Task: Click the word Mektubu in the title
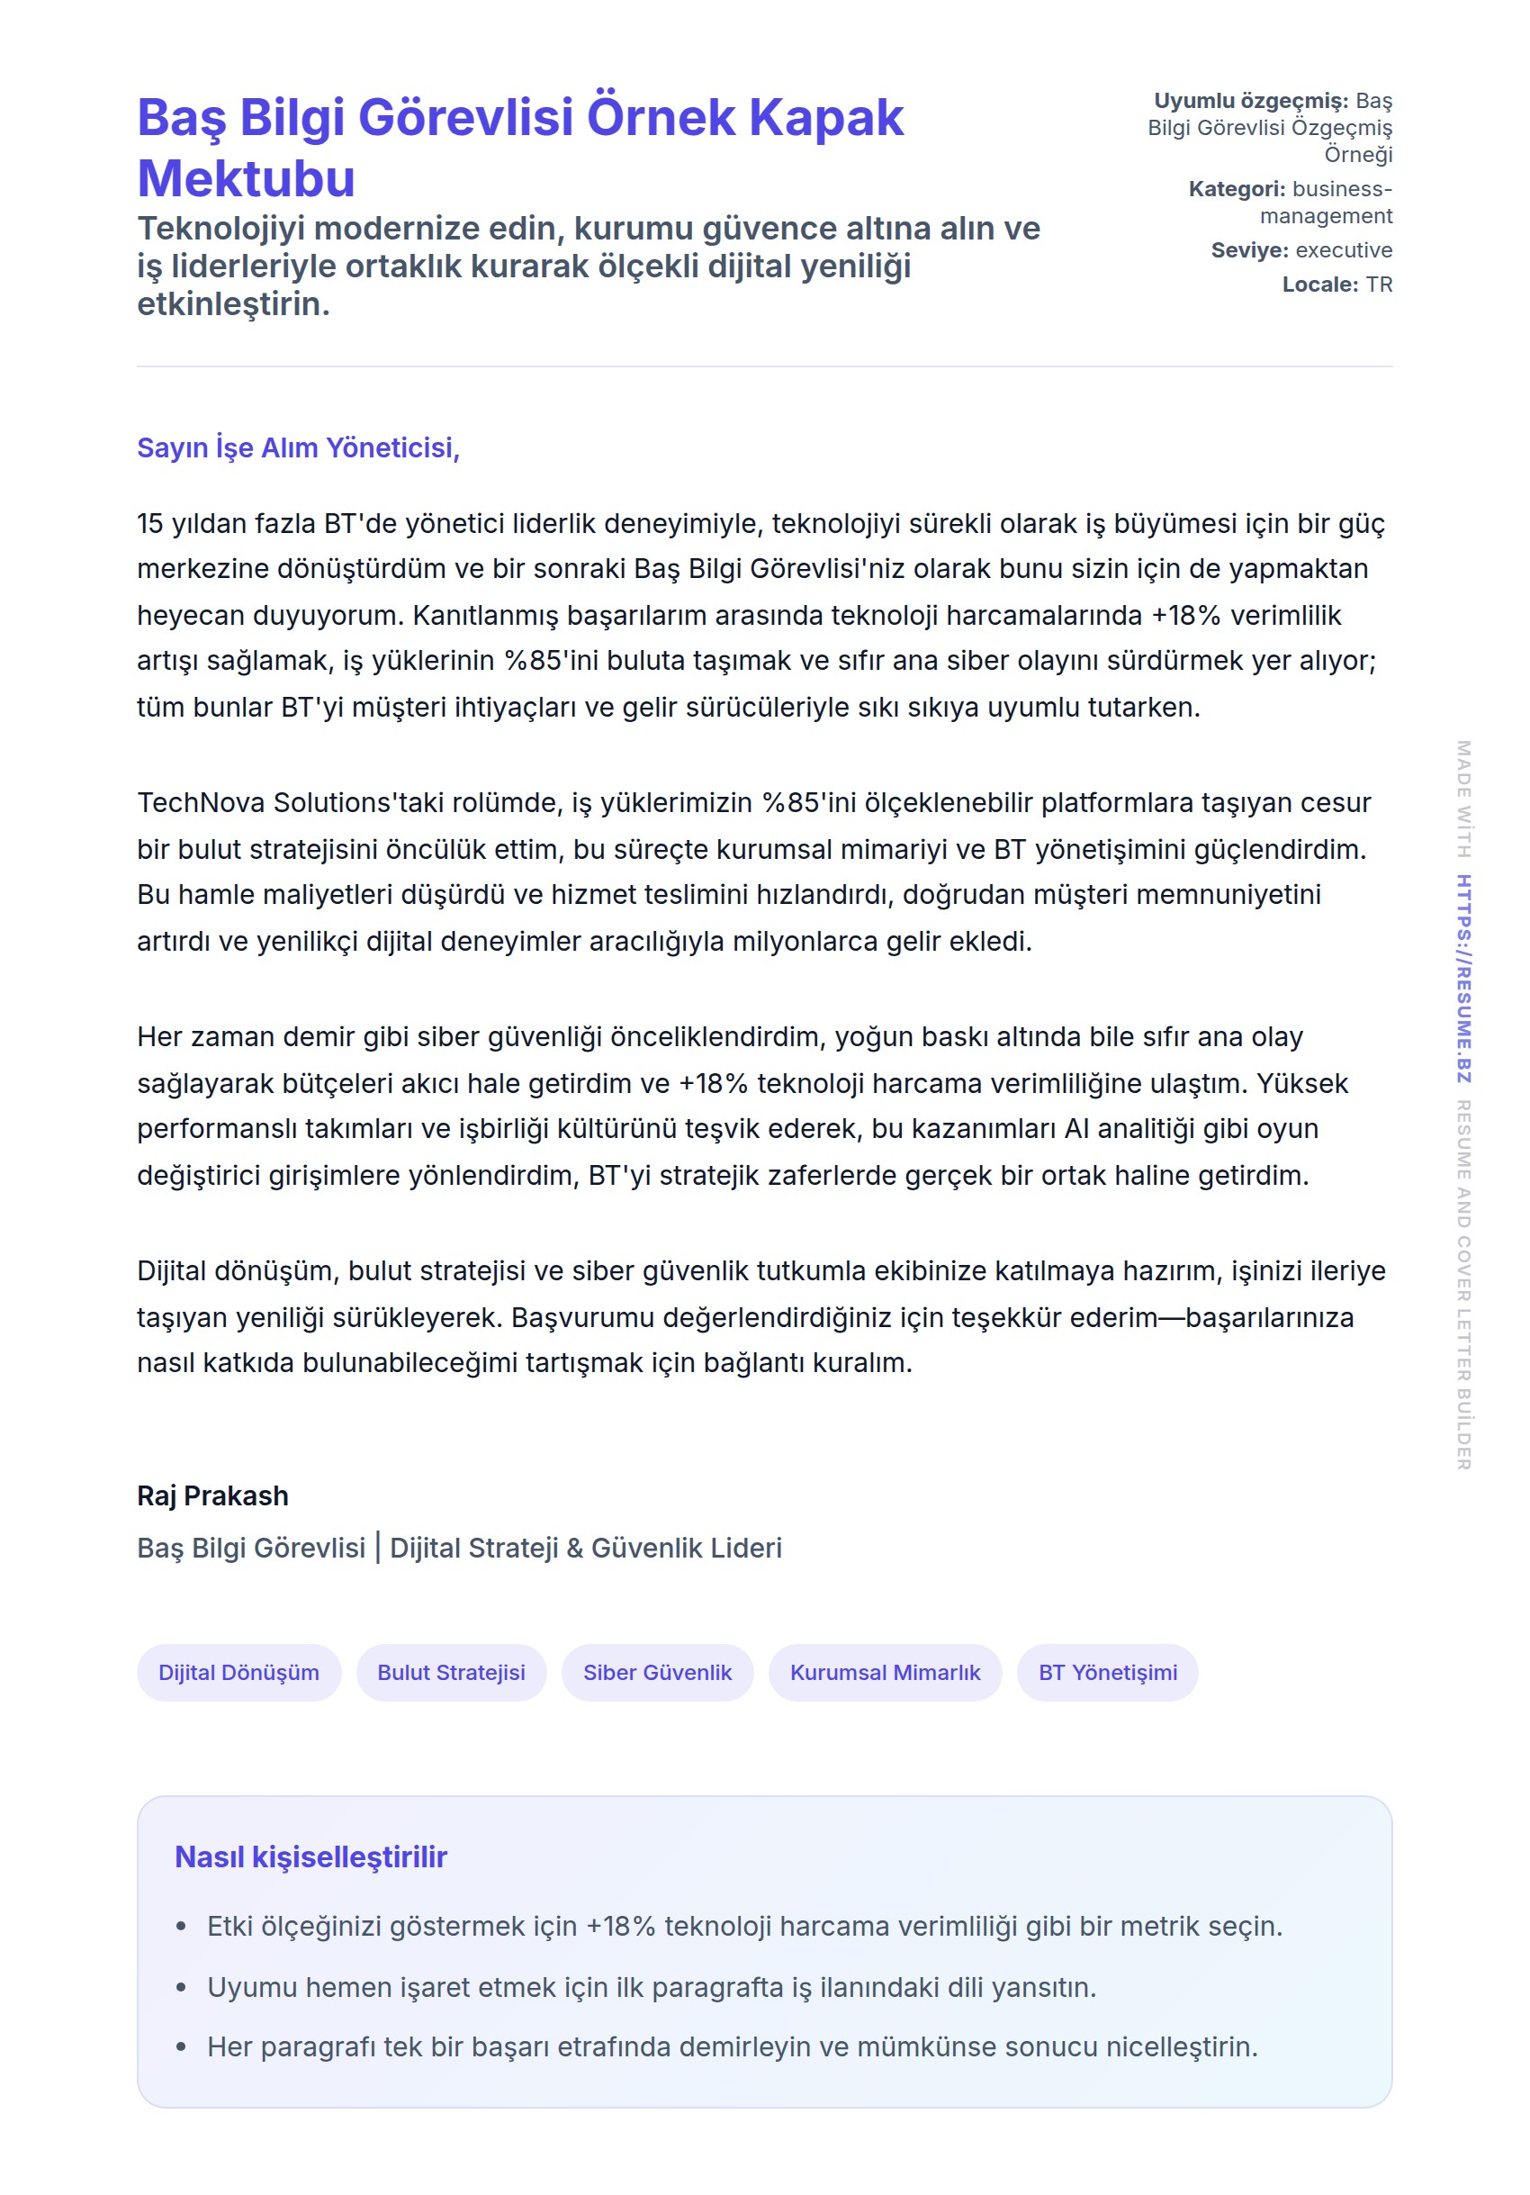click(246, 179)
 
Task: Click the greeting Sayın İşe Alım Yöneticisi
click(298, 447)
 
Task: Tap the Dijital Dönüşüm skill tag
click(238, 1672)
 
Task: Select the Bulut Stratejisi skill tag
click(451, 1672)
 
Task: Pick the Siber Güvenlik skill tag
click(658, 1672)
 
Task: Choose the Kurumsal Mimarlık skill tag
click(885, 1672)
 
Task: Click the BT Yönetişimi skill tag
click(1108, 1672)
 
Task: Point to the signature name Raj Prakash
click(212, 1495)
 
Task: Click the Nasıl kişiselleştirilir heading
click(310, 1856)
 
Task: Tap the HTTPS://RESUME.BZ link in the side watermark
click(1463, 978)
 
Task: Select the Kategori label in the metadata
click(1237, 189)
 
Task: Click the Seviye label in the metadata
click(1249, 250)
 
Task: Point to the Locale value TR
click(1379, 285)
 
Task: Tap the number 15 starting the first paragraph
click(150, 524)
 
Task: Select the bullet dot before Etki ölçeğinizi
click(182, 1927)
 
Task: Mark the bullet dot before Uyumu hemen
click(182, 1988)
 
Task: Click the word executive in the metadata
click(1344, 250)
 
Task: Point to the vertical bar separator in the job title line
click(377, 1547)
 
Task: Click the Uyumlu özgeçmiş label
click(1251, 102)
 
